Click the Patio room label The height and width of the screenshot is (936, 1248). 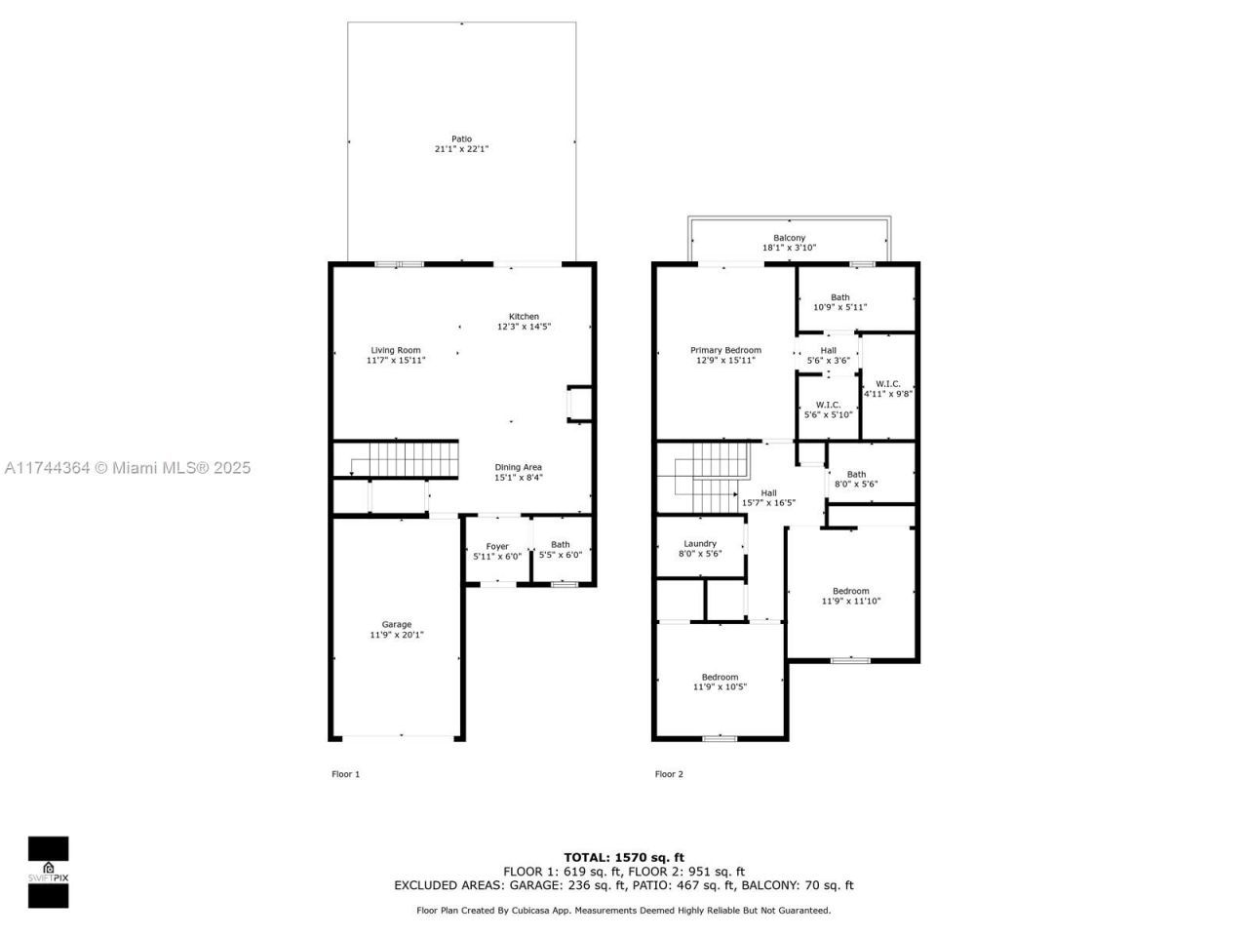tap(461, 139)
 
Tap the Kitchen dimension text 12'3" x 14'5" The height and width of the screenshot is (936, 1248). tap(524, 327)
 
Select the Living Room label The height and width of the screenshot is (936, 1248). tap(396, 350)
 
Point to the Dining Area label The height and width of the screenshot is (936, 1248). tap(518, 467)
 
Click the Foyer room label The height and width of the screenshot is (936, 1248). tap(497, 546)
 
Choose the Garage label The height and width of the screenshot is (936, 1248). tap(396, 624)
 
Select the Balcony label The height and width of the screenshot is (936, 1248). tap(789, 238)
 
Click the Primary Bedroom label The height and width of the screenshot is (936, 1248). tap(725, 350)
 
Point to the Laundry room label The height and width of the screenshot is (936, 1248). tap(700, 543)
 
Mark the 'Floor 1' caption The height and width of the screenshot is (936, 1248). tap(345, 774)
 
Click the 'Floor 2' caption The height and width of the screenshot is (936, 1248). tap(669, 774)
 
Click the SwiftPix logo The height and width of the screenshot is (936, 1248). tap(48, 871)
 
